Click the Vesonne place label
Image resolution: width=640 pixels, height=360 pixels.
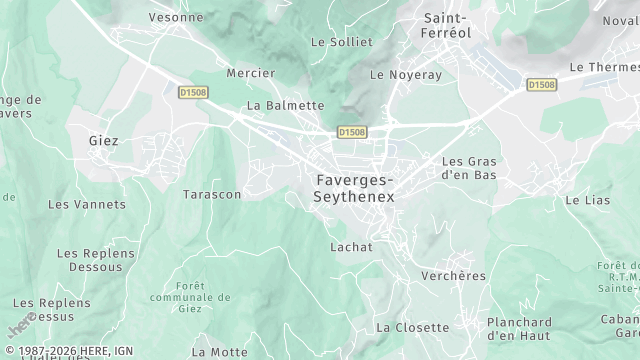point(176,17)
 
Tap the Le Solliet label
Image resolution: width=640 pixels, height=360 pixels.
point(341,42)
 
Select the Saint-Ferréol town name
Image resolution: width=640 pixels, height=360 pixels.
point(449,25)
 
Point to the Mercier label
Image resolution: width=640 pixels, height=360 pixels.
point(251,74)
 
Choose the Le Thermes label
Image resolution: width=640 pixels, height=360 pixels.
point(603,67)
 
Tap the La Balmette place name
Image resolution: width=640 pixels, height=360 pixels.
point(285,105)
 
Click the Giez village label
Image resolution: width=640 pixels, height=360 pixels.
point(103,141)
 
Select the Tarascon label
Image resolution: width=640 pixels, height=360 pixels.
point(212,194)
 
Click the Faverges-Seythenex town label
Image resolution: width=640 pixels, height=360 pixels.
point(354,189)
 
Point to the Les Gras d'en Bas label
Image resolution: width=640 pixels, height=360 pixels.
point(469,167)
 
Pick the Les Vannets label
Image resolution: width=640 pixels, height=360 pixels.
point(87,204)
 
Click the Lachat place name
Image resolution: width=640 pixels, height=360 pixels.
point(351,247)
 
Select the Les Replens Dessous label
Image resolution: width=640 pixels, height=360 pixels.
point(96,260)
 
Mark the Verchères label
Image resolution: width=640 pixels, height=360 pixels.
point(453,276)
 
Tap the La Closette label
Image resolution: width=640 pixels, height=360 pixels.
point(412,327)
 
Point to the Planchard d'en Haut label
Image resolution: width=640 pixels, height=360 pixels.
point(519,329)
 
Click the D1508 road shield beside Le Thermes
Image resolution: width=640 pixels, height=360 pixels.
point(541,85)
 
